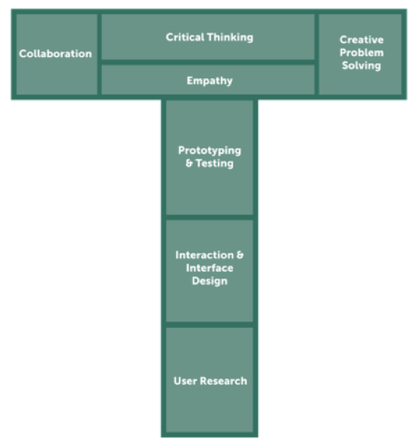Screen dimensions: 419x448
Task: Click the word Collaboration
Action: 55,54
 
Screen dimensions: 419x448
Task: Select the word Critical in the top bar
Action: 185,37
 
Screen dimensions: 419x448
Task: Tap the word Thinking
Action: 230,37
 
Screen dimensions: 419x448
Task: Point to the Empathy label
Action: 209,80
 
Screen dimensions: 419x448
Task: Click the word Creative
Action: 361,39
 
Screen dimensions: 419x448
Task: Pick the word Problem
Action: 361,52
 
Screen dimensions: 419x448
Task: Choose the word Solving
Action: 361,66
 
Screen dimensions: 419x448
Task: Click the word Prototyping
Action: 209,150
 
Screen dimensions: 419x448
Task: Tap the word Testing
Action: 215,163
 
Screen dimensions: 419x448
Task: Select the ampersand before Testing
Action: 189,163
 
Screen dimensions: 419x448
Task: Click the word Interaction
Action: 204,255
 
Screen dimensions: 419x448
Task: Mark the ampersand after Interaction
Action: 240,255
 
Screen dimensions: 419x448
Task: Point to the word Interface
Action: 209,268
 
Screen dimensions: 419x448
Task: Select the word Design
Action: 209,281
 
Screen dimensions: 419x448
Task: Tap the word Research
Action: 223,381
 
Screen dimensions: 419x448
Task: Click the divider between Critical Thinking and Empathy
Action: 208,62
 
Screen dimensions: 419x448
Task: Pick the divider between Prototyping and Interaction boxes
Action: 209,218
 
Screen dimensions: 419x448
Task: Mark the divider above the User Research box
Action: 209,325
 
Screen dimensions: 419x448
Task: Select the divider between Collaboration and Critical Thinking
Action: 99,54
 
